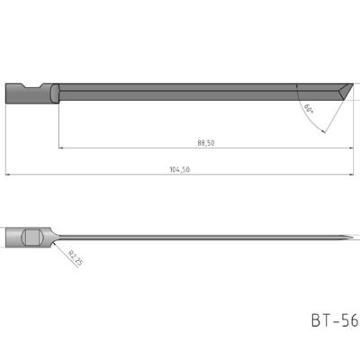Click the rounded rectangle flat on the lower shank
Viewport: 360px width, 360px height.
31,238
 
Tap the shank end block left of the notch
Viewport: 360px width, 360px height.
17,94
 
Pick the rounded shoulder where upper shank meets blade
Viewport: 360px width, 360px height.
55,94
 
